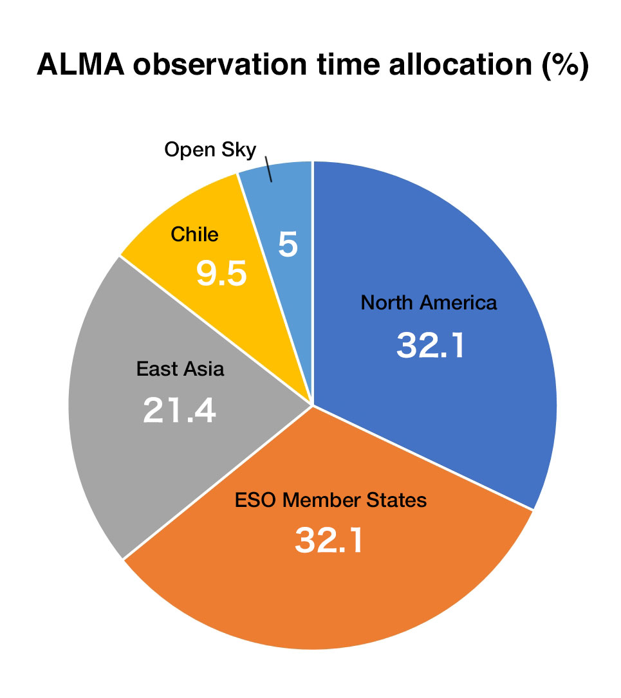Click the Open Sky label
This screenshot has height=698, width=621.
click(210, 149)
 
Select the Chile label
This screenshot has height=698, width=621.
click(194, 234)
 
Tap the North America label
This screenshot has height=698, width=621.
click(429, 302)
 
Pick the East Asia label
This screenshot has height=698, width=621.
click(180, 369)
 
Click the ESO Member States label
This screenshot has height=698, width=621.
click(329, 500)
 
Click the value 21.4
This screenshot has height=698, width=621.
click(180, 410)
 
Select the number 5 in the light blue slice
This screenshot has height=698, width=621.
click(288, 246)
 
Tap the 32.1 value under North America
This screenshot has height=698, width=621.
click(430, 345)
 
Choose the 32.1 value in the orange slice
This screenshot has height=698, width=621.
click(329, 540)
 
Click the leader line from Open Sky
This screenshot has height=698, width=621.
click(269, 169)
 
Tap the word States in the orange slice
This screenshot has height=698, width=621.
click(398, 500)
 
